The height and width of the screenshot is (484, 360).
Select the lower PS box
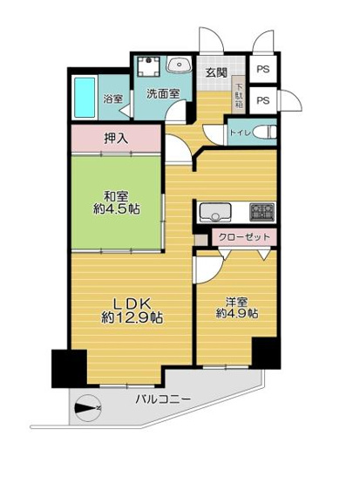pos(262,100)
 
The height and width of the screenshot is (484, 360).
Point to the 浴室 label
pos(112,99)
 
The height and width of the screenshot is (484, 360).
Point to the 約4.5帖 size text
pos(115,209)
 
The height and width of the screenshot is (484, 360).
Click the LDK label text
pos(120,302)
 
